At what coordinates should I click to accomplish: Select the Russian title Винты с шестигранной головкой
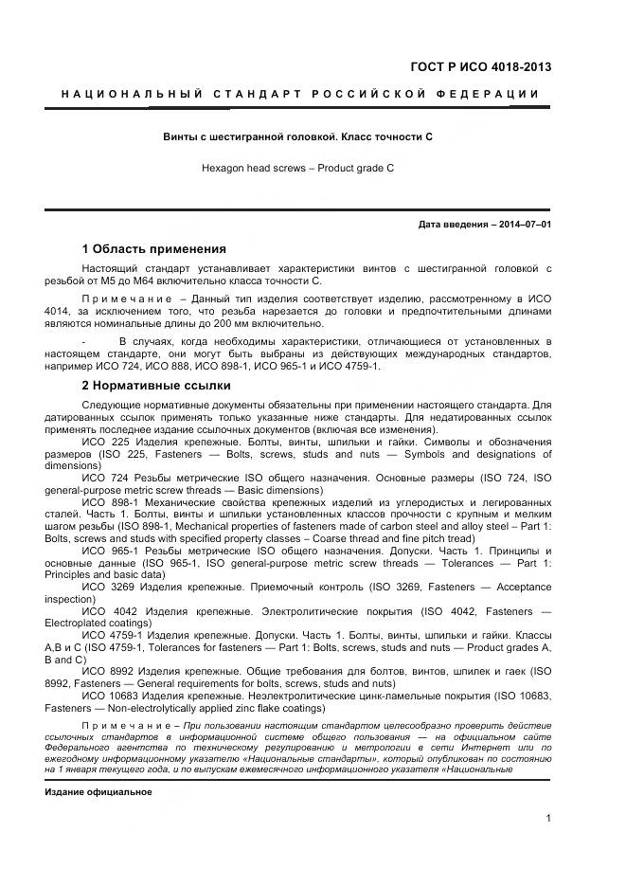point(298,136)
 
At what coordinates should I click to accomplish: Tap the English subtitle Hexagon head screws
point(297,167)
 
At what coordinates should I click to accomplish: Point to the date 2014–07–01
point(527,225)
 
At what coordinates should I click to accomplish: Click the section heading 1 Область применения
point(153,249)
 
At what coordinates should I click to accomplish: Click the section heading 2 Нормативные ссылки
point(155,386)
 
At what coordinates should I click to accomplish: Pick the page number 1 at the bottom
point(548,819)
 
